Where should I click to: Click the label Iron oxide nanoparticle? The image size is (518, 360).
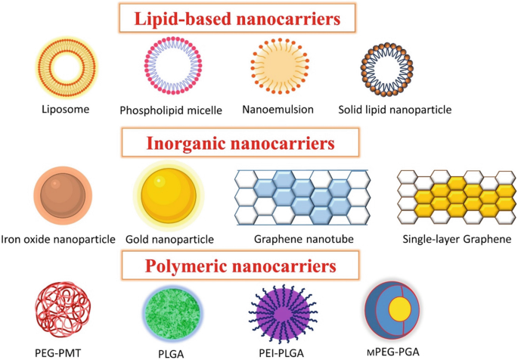59,240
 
